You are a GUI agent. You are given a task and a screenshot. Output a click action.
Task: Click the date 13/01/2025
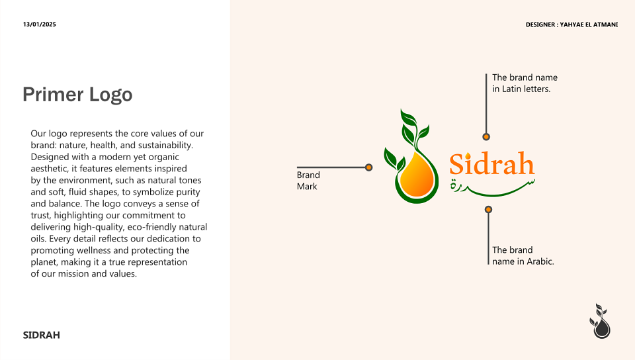[39, 24]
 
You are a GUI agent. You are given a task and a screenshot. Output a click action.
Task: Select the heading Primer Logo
[77, 95]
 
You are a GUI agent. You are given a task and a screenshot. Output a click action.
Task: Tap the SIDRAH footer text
[41, 335]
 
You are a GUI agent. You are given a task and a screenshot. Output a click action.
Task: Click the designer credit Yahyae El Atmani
[571, 24]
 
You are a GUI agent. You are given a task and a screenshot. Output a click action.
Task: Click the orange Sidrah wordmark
[492, 163]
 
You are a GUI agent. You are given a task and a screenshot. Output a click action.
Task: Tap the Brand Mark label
[308, 181]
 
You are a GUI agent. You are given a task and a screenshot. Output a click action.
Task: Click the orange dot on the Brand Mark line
[368, 167]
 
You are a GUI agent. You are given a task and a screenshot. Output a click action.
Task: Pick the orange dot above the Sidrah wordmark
[486, 137]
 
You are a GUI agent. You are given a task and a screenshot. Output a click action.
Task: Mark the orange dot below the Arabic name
[488, 209]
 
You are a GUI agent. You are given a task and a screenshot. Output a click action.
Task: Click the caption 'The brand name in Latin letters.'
[525, 83]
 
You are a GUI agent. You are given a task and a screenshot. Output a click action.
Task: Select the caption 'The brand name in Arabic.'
[523, 255]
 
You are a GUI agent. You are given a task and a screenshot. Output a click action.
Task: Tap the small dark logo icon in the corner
[600, 321]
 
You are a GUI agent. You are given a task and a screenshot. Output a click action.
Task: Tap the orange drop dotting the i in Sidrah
[468, 156]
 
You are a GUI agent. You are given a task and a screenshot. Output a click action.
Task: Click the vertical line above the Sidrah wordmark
[486, 104]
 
